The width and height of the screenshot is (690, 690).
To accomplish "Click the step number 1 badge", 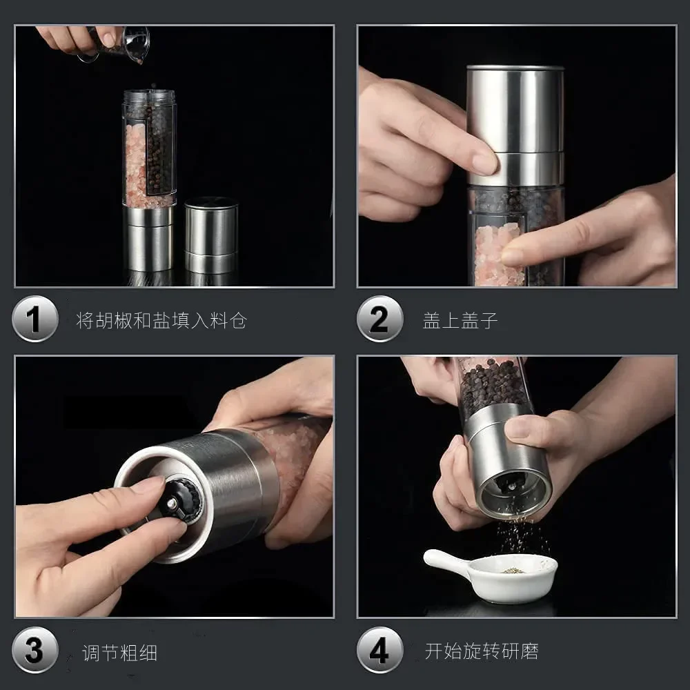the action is click(35, 319).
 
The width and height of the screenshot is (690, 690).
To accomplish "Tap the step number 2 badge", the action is click(379, 319).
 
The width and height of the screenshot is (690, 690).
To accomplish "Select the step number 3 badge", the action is click(35, 650).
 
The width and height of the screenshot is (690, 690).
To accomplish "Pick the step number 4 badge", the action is click(379, 650).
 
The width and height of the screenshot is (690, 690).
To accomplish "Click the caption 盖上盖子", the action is click(460, 321).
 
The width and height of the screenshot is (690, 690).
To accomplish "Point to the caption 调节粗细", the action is click(119, 653).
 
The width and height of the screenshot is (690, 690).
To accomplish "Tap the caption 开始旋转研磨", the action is click(482, 651).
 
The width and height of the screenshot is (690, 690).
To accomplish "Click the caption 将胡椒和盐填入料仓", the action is click(161, 320).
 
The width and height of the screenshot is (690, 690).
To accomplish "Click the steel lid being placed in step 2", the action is click(515, 126).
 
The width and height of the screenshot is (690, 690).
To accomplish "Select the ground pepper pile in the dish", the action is click(513, 571).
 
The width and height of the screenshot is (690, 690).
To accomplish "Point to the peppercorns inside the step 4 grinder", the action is click(492, 386).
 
